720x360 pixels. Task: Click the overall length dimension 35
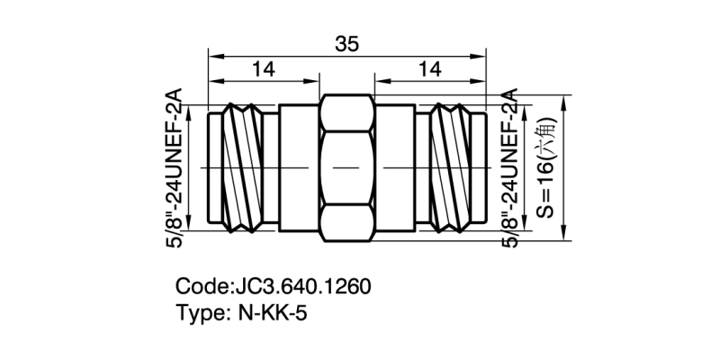coord(347,42)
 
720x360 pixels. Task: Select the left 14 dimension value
coord(264,70)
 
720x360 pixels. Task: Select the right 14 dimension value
coord(430,70)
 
